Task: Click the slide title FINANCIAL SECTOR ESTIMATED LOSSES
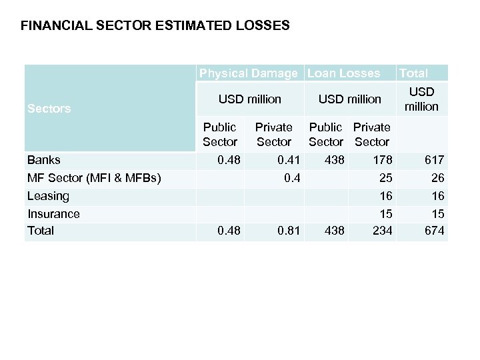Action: pos(155,27)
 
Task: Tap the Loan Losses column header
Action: pos(343,73)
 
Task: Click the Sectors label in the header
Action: pos(49,109)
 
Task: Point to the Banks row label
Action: pos(44,160)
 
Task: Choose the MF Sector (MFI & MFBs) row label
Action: pos(94,178)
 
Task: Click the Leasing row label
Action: pos(48,196)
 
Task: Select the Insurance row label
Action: pos(53,214)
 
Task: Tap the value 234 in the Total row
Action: pos(381,231)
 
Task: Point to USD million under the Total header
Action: pos(421,99)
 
